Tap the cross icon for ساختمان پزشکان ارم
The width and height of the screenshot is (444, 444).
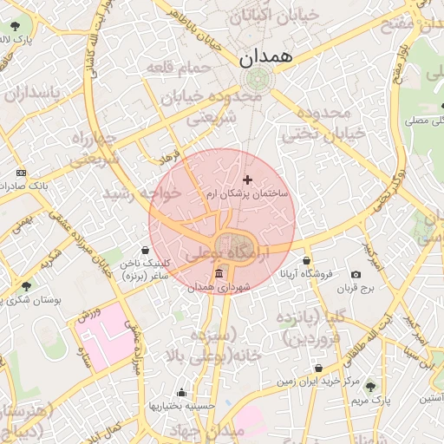click(x=248, y=180)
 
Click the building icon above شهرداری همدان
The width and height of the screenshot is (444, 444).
click(x=217, y=274)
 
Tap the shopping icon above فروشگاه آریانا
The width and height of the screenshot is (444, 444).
click(x=306, y=260)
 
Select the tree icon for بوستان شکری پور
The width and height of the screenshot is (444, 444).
click(x=26, y=285)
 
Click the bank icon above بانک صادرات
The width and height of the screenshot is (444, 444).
click(x=21, y=173)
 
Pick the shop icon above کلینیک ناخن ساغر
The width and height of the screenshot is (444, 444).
click(x=145, y=250)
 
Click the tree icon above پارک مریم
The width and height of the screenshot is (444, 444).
click(x=371, y=387)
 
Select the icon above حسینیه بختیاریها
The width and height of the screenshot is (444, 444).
click(x=181, y=392)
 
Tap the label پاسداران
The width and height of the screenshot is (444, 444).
click(x=32, y=92)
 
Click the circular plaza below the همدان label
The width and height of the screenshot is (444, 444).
click(x=257, y=80)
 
